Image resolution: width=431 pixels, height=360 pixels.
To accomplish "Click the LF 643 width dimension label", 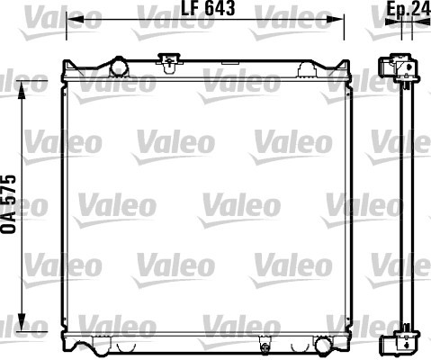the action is click(x=208, y=8).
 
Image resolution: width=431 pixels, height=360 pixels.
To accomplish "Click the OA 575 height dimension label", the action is click(x=8, y=204).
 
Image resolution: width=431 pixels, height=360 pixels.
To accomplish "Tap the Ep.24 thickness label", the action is click(x=409, y=8).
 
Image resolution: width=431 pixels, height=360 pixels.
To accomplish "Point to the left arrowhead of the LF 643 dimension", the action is click(x=75, y=20).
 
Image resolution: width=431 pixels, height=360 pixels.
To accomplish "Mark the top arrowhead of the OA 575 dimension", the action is click(x=22, y=90).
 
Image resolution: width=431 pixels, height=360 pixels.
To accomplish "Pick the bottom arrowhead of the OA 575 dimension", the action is click(x=22, y=323).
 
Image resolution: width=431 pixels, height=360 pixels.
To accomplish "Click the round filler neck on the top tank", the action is click(x=120, y=67).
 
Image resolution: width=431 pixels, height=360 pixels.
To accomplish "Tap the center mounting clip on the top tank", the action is click(x=170, y=62).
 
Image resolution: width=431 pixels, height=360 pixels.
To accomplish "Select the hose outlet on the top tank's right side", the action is click(x=307, y=69).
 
